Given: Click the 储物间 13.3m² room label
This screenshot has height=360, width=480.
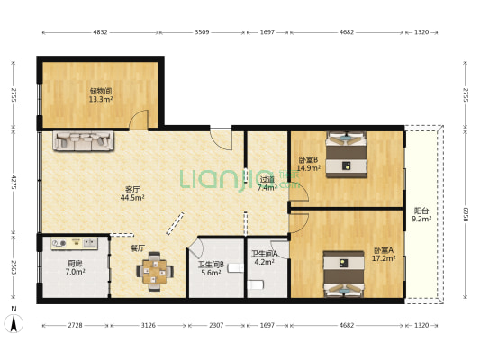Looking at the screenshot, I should [x=100, y=94].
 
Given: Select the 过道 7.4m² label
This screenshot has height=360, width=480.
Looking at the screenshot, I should [x=267, y=184].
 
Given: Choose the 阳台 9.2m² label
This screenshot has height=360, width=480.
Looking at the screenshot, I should [x=421, y=213].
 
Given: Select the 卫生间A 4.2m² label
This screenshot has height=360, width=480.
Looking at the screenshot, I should [x=264, y=258].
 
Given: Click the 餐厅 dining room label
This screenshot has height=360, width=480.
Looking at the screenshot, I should [x=138, y=247].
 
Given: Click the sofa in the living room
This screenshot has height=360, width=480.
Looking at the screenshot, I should [x=84, y=140].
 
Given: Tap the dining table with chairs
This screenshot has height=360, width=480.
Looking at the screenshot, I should [x=157, y=271].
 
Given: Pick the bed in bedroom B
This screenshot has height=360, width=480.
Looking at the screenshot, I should [x=347, y=153].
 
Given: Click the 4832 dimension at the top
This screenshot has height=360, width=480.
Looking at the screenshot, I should [x=100, y=32].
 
